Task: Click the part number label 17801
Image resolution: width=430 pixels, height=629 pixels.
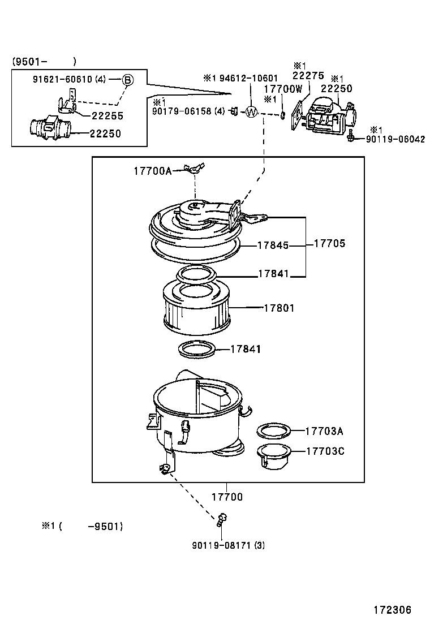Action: [278, 308]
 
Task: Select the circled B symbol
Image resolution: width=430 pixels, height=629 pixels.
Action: [128, 80]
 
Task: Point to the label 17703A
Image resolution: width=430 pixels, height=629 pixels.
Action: [324, 431]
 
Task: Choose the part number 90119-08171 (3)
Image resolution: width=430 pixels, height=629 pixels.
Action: [228, 545]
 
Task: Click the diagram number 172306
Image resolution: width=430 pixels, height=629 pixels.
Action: [392, 610]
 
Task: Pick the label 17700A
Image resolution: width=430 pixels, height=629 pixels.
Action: [152, 170]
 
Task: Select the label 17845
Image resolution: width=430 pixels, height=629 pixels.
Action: [273, 245]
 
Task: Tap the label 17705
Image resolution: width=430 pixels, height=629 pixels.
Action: [329, 243]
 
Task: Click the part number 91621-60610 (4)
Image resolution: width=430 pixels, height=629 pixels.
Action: [69, 80]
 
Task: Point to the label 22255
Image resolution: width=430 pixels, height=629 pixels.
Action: [107, 115]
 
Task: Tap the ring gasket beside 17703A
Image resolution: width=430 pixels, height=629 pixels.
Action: [274, 431]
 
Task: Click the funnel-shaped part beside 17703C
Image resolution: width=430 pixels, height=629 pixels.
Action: [274, 455]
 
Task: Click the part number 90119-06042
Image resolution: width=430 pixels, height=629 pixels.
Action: [395, 139]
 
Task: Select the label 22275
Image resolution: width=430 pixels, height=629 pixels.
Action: [308, 75]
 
